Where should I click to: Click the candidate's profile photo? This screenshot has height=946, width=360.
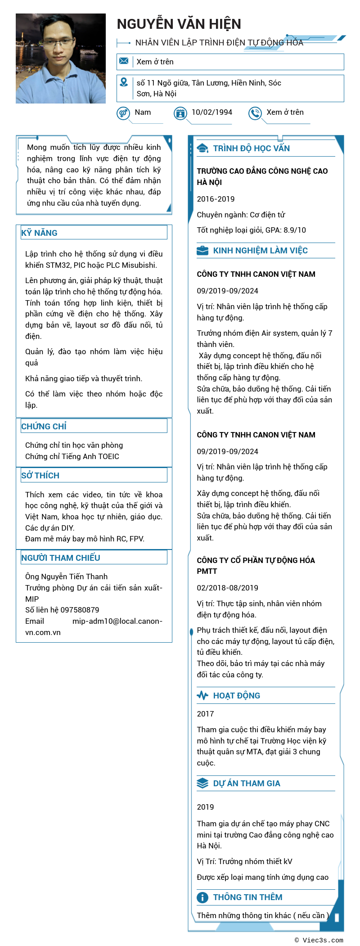click(61, 59)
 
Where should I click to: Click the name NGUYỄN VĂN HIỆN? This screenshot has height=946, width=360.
click(179, 24)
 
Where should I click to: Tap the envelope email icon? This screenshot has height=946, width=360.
click(124, 61)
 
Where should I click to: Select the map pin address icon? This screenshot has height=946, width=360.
click(124, 82)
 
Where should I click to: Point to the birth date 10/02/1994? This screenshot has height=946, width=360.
click(212, 112)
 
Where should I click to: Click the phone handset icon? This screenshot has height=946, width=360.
click(255, 113)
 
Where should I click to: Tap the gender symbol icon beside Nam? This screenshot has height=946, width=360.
click(123, 113)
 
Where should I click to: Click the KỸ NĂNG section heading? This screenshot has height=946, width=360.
click(40, 233)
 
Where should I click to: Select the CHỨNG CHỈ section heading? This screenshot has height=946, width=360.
click(44, 426)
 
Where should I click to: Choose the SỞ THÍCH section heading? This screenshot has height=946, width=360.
click(40, 475)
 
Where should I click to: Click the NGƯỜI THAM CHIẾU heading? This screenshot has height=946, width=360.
click(61, 558)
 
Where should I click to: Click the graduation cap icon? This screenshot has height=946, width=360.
click(202, 149)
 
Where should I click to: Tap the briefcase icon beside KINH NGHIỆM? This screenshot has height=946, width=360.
click(202, 251)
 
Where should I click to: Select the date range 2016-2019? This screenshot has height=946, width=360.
click(216, 199)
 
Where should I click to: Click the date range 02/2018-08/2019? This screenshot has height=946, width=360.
click(227, 588)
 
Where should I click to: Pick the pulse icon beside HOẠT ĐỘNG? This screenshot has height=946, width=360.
click(202, 695)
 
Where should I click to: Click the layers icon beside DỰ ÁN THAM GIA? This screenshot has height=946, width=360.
click(202, 783)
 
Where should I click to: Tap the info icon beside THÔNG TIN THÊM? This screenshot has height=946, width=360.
click(202, 897)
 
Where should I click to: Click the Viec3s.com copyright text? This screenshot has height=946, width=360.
click(319, 940)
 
